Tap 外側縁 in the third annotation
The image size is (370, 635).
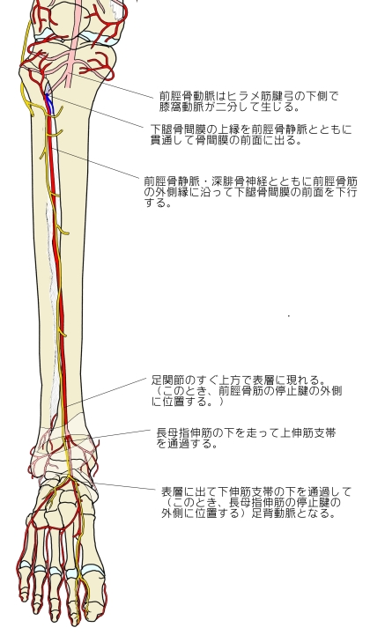click(173, 192)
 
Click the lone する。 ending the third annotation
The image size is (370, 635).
click(158, 203)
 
